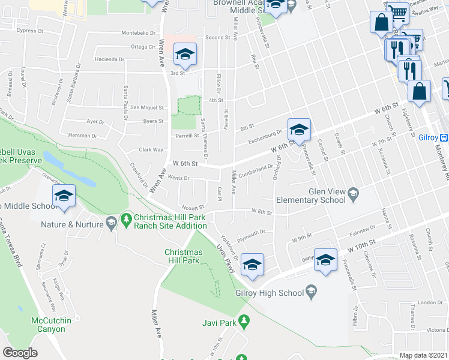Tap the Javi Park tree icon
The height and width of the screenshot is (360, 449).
(x=244, y=322)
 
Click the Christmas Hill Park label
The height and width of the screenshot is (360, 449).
(x=183, y=256)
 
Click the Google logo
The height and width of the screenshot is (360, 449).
(x=20, y=353)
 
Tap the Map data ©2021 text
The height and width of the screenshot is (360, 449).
(x=423, y=355)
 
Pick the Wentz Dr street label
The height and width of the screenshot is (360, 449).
(x=178, y=178)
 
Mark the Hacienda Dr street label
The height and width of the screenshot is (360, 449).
(x=109, y=59)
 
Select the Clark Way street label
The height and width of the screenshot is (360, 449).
(x=151, y=149)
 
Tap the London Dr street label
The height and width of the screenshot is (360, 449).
(x=430, y=302)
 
